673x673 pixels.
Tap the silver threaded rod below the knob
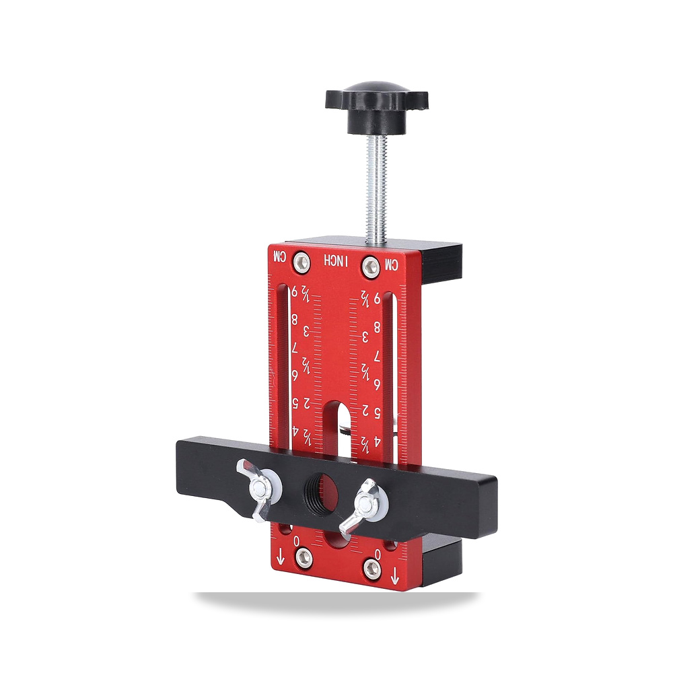click(x=377, y=189)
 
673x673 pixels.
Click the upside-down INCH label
click(x=336, y=260)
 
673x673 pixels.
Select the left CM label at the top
click(x=279, y=256)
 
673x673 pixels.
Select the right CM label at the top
click(x=392, y=264)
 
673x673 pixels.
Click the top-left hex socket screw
click(x=302, y=262)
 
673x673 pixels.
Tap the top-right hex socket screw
click(x=371, y=267)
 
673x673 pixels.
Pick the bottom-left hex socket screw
click(x=304, y=557)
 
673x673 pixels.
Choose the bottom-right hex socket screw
click(x=371, y=569)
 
